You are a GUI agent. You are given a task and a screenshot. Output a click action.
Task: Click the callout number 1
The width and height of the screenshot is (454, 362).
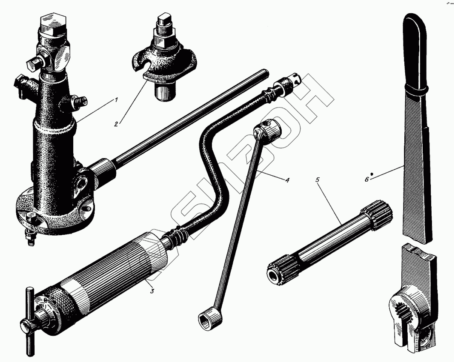pos(116,100)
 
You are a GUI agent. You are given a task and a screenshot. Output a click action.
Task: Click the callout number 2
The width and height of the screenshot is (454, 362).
pos(116,124)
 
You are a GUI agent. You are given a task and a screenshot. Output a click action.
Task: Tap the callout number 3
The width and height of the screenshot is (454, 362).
pos(152,291)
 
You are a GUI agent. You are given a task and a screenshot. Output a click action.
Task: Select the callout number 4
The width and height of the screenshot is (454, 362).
pos(287,180)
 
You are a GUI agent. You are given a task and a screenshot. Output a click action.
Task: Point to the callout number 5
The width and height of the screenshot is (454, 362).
pos(317,180)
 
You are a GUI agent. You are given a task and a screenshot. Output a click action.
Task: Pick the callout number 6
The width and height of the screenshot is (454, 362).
pos(367,180)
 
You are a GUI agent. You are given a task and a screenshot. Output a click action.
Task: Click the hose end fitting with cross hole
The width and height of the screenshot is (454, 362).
pos(292,82)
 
